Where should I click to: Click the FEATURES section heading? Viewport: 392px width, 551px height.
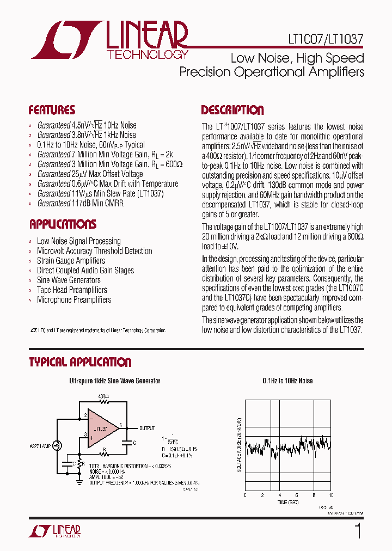(x=52, y=110)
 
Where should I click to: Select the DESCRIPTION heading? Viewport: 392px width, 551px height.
(x=232, y=110)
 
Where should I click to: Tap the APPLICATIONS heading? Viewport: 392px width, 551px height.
(x=63, y=224)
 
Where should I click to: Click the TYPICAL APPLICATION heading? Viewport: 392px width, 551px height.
(x=80, y=362)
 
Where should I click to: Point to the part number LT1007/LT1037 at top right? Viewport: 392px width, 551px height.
(x=326, y=40)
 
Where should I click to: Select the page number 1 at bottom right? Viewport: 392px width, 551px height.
(x=358, y=530)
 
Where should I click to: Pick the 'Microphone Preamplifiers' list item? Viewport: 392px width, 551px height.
(x=73, y=300)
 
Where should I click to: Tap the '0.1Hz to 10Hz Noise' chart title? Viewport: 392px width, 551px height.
(x=287, y=381)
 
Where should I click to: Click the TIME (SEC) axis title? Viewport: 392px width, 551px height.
(x=287, y=502)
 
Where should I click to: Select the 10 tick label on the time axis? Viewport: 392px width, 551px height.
(x=331, y=495)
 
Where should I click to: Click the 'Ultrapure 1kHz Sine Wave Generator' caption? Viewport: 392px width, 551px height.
(x=114, y=381)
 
